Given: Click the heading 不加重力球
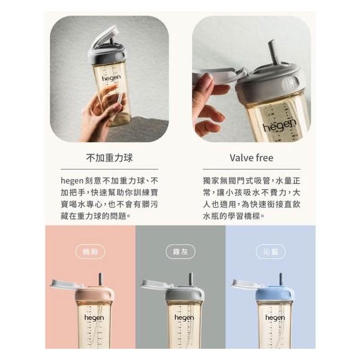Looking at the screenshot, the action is (109, 158).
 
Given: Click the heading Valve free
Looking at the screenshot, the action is (251, 158).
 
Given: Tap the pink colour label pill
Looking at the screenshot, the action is (91, 252).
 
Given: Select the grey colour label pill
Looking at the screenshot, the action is (181, 252).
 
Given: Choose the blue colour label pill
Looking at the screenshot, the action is (271, 252).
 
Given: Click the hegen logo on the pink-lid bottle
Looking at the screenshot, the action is (94, 318).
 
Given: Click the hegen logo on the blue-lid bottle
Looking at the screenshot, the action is (275, 318).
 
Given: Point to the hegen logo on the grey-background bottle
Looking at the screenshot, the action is (184, 318).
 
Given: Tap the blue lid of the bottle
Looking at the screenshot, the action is (275, 294).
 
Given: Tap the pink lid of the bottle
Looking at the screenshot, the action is (94, 294).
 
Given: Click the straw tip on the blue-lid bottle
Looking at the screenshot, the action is (281, 274).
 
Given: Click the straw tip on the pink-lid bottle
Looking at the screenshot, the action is (101, 274).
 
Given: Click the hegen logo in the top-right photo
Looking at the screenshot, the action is (280, 125).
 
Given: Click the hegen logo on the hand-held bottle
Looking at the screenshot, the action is (111, 78).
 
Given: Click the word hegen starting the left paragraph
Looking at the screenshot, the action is (71, 181).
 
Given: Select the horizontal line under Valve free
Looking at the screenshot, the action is (251, 169).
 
